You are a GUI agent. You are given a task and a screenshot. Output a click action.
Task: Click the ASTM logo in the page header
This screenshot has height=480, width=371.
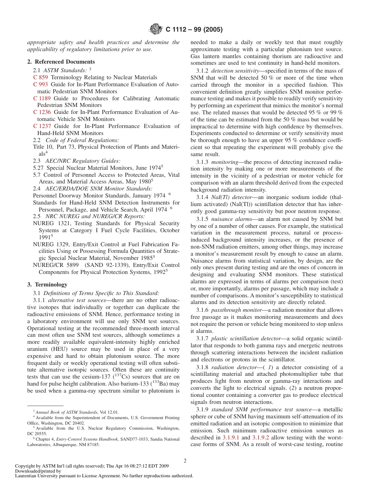[156, 29]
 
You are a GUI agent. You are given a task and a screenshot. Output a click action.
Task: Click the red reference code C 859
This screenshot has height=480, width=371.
[41, 77]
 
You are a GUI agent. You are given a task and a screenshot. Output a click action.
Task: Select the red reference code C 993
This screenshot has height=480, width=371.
[41, 84]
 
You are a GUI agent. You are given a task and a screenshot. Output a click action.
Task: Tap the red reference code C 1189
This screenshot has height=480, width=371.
[42, 98]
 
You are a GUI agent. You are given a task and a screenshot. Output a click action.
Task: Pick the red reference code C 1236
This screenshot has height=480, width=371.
[42, 112]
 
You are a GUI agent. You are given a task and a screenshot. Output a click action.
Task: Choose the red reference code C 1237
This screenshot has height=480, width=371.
[42, 126]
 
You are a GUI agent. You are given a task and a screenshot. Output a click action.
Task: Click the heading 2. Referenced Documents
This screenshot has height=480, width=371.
[61, 62]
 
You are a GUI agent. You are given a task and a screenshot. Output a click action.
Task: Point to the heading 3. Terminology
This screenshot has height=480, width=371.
[47, 284]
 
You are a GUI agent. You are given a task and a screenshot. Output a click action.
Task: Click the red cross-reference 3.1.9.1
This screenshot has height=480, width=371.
[231, 437]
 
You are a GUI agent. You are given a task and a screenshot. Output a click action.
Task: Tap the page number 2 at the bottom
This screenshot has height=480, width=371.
[185, 460]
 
